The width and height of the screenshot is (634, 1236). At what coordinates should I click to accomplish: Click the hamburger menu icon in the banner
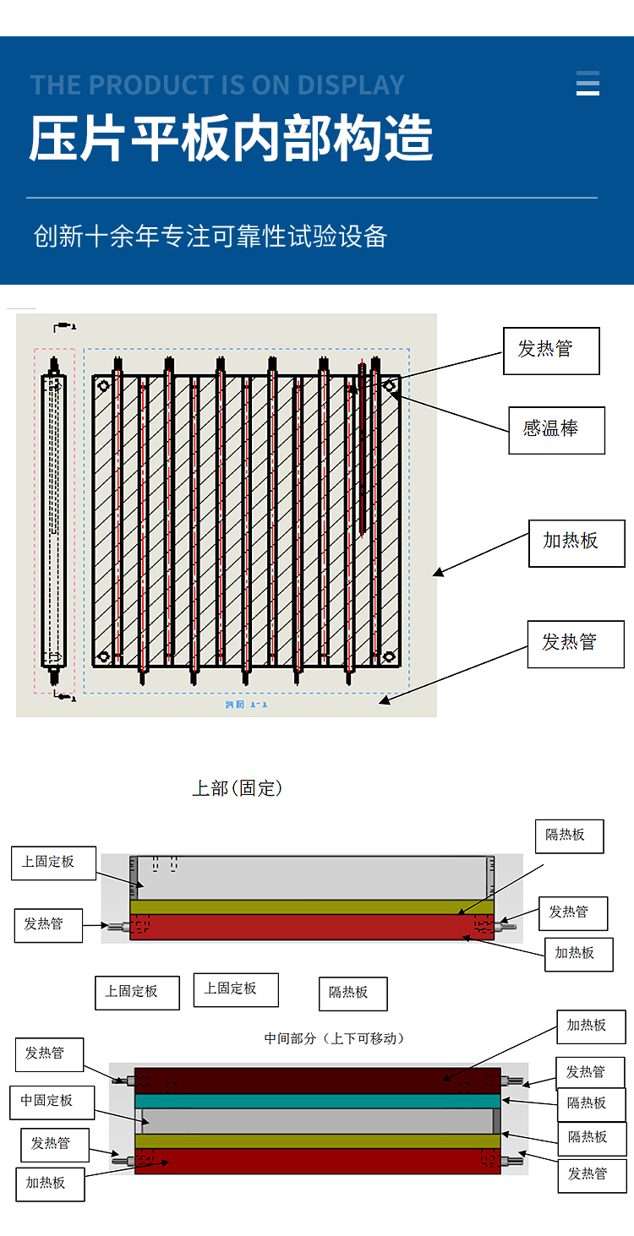(x=588, y=84)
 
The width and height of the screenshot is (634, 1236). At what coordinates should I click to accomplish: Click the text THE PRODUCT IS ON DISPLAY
(x=217, y=85)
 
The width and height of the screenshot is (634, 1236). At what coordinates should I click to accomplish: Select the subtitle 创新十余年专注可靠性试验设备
(x=210, y=237)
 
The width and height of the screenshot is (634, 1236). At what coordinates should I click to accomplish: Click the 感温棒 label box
(x=556, y=430)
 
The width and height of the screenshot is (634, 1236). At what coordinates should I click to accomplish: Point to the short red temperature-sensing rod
(x=362, y=448)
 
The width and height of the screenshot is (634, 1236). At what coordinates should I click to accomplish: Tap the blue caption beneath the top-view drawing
(x=246, y=704)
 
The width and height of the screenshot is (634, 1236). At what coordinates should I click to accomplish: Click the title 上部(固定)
(x=237, y=788)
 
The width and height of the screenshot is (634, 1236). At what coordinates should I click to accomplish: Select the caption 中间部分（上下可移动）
(x=334, y=1038)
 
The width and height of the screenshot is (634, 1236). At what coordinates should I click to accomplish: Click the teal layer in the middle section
(x=317, y=1101)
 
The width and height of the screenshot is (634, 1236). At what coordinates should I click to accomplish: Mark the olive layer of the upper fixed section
(x=311, y=907)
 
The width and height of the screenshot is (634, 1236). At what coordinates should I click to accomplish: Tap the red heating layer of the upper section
(x=311, y=927)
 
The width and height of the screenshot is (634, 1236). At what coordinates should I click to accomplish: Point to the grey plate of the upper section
(x=311, y=878)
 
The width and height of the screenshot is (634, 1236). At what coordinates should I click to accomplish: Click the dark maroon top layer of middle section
(x=317, y=1080)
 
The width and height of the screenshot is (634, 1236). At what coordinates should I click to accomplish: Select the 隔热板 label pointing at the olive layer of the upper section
(x=571, y=835)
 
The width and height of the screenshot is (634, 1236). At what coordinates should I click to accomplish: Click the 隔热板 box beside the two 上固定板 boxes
(x=353, y=994)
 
